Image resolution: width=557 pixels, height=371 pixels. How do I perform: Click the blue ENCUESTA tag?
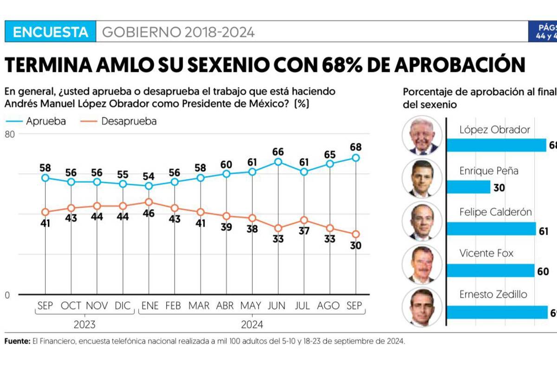(x=50, y=32)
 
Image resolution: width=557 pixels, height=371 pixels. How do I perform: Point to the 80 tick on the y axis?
(x=10, y=134)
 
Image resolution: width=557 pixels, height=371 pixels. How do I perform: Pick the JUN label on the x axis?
(x=278, y=306)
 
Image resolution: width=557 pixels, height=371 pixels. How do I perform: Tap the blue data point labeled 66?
(x=278, y=162)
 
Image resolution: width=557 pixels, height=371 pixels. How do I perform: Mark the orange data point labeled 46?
(x=149, y=202)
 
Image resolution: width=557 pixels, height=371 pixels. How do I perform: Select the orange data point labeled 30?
(x=356, y=234)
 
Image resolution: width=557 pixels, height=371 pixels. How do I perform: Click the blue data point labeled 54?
(x=149, y=186)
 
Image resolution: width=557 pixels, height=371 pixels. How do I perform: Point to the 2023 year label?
(x=85, y=324)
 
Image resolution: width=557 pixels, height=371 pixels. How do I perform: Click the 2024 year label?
(x=252, y=324)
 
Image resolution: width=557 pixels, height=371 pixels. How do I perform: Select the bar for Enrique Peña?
(x=468, y=187)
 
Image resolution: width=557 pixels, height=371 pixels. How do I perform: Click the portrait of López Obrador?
(x=422, y=135)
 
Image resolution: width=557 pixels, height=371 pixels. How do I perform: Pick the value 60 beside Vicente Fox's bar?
(x=543, y=272)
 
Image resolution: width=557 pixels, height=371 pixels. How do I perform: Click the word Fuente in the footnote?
(x=17, y=341)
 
